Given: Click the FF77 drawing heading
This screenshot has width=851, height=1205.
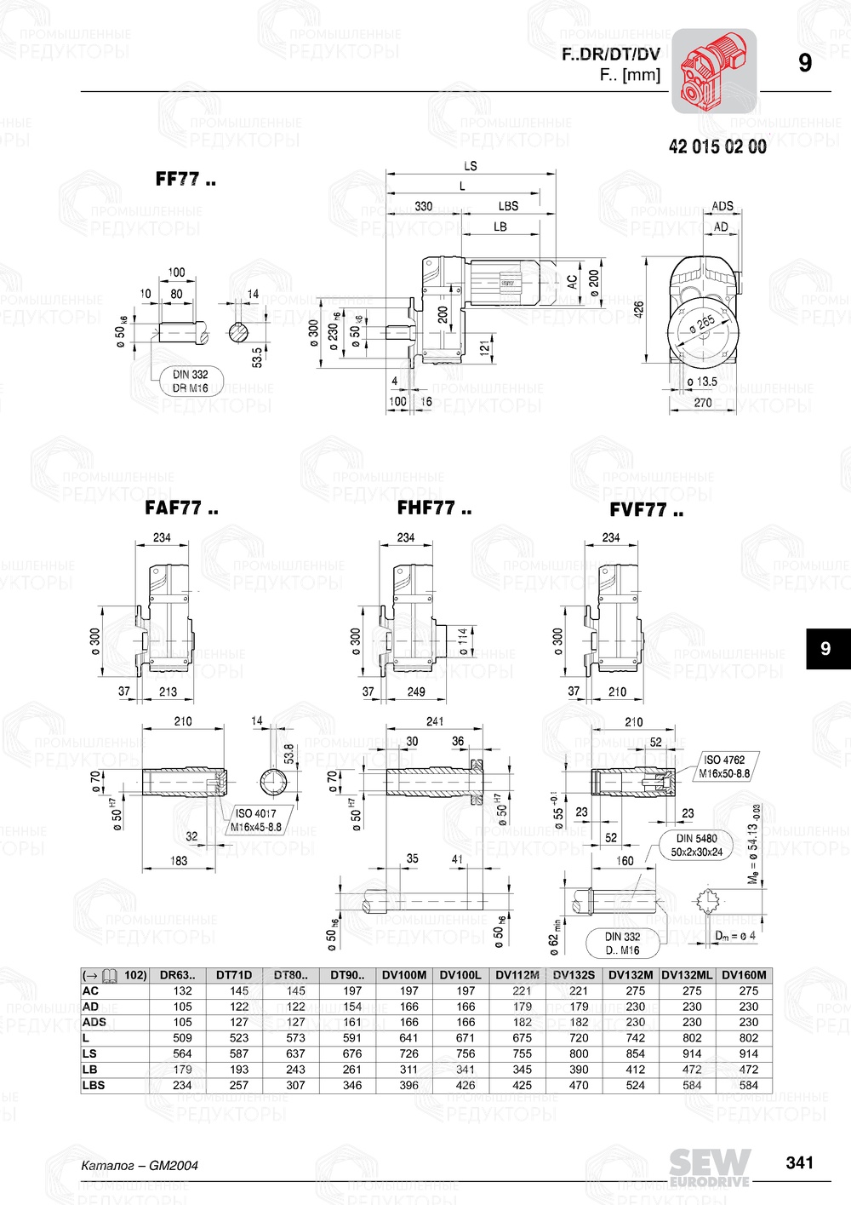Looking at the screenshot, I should pyautogui.click(x=185, y=180).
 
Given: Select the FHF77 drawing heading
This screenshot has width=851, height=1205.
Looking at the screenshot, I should pyautogui.click(x=434, y=509).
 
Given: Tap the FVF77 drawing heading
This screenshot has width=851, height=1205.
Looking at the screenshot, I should pyautogui.click(x=646, y=511).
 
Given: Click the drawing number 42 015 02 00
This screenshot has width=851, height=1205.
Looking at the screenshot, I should pyautogui.click(x=717, y=147).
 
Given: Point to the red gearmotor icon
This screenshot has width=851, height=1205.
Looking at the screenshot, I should pyautogui.click(x=713, y=71).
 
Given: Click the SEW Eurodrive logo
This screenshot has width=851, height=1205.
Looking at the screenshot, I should pyautogui.click(x=709, y=1167).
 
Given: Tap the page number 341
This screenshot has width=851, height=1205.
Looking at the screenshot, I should pyautogui.click(x=799, y=1162).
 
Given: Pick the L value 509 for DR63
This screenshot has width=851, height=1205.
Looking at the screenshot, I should pyautogui.click(x=182, y=1038).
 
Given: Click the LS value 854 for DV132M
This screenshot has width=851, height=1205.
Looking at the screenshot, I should pyautogui.click(x=635, y=1053).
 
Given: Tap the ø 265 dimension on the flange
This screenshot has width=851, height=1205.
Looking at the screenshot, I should pyautogui.click(x=702, y=324).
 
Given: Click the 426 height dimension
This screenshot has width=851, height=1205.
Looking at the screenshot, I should pyautogui.click(x=639, y=307).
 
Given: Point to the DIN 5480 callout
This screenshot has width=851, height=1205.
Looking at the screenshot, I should pyautogui.click(x=697, y=845).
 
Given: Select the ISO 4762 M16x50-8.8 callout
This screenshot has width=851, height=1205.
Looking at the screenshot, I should pyautogui.click(x=724, y=766).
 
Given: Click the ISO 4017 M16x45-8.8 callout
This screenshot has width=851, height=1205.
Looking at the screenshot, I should pyautogui.click(x=256, y=820).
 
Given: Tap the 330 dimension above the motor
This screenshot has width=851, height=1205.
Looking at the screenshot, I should pyautogui.click(x=423, y=206).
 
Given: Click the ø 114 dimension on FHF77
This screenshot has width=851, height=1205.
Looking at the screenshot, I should pyautogui.click(x=462, y=640).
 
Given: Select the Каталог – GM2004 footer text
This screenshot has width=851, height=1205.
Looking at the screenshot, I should pyautogui.click(x=139, y=1166).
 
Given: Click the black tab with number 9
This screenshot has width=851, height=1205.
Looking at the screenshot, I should pyautogui.click(x=825, y=649).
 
